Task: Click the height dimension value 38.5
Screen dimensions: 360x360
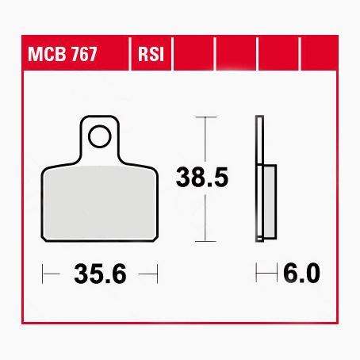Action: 202,178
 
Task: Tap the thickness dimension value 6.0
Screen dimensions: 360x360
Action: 301,274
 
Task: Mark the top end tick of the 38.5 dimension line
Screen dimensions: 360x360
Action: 205,117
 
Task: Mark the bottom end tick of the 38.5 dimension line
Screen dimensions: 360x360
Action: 205,239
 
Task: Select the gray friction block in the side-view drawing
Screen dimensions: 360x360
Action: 268,201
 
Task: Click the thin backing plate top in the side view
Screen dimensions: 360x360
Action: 258,127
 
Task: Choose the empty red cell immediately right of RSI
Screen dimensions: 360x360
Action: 193,57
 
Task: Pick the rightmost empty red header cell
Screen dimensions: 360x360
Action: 320,57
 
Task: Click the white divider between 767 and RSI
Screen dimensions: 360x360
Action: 128,57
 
